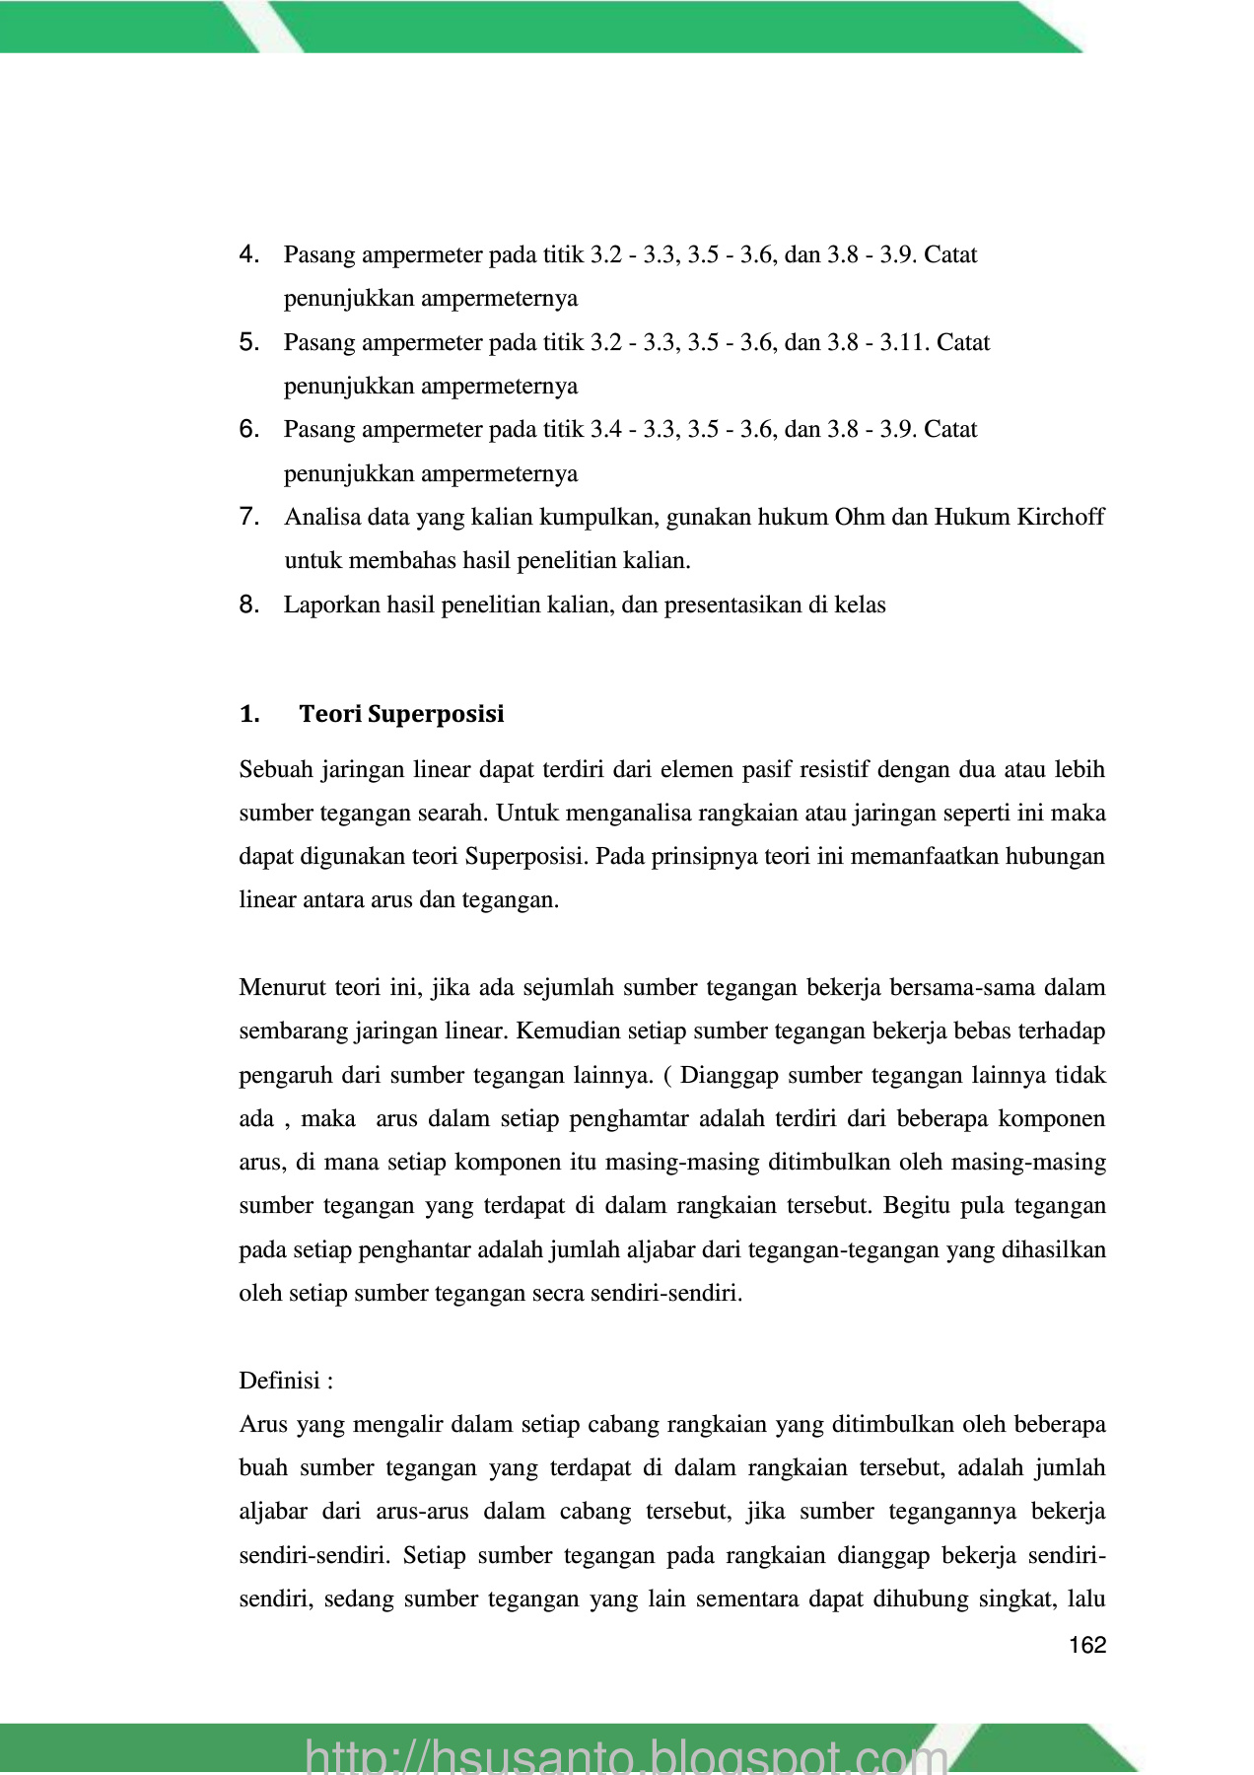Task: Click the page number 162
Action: (1087, 1645)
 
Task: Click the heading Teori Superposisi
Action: (401, 714)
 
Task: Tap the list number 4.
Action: (248, 254)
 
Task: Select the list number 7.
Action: (248, 517)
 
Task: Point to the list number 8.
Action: (248, 604)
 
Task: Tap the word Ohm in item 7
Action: (860, 517)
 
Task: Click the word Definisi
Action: (280, 1381)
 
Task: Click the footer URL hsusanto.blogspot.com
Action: (627, 1754)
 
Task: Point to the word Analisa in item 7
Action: (320, 517)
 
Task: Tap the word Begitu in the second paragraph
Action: (918, 1206)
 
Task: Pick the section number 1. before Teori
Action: (248, 714)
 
